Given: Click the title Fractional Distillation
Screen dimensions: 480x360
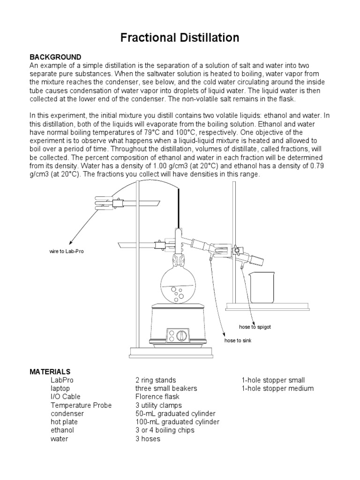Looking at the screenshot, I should click(180, 37).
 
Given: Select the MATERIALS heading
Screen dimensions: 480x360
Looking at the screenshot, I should click(50, 371).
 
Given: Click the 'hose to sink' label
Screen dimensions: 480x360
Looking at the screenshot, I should click(238, 340).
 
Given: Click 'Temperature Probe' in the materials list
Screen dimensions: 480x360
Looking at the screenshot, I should click(81, 405).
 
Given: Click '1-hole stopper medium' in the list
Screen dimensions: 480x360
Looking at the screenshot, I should click(277, 388).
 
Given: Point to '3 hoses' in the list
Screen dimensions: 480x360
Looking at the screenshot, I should click(148, 439).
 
